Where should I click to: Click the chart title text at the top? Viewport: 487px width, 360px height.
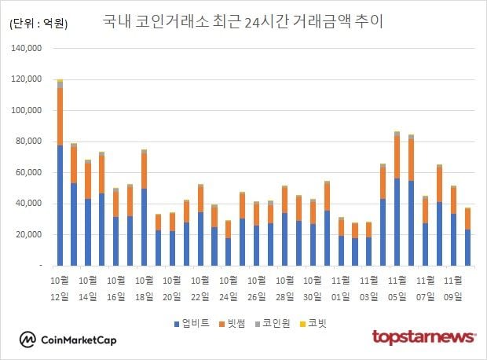click(x=243, y=21)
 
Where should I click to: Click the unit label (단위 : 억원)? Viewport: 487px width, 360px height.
click(x=38, y=24)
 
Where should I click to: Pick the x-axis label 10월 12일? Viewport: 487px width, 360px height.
click(x=60, y=288)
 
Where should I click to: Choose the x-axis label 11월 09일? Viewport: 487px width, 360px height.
click(x=453, y=288)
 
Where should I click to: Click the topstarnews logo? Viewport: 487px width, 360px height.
click(x=423, y=337)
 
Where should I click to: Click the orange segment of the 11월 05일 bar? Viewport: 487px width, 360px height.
click(x=397, y=157)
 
